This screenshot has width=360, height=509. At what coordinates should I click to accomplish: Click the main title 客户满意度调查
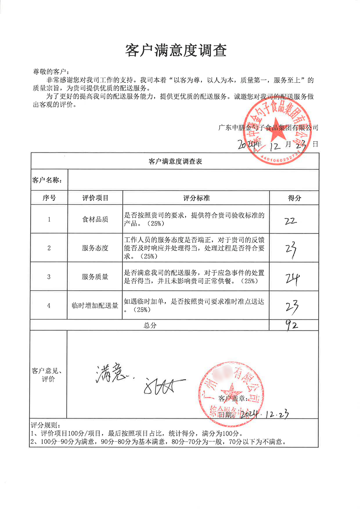click(x=176, y=50)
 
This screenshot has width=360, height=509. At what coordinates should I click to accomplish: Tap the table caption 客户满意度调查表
click(x=175, y=162)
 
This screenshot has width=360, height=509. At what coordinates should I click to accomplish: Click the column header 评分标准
click(x=196, y=198)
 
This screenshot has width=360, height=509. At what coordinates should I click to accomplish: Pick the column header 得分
click(x=294, y=198)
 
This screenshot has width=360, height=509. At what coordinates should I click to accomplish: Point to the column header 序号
click(x=49, y=198)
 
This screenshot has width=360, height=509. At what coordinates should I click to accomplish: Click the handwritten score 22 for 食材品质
click(x=291, y=221)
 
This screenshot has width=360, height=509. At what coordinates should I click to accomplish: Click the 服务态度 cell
click(x=95, y=248)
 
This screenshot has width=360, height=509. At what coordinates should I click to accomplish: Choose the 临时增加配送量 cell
click(x=95, y=306)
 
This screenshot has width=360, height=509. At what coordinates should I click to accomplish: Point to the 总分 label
click(x=150, y=325)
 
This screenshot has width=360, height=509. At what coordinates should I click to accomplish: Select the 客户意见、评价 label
click(x=48, y=375)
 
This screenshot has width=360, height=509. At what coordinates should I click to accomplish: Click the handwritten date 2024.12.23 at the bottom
click(x=265, y=415)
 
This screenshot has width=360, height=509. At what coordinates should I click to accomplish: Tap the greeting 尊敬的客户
click(x=51, y=72)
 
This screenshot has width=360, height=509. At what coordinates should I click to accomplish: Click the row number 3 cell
click(x=49, y=277)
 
